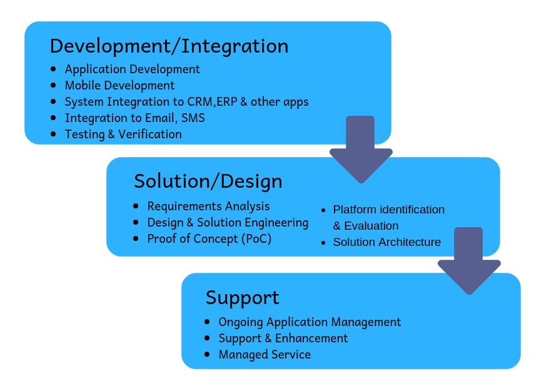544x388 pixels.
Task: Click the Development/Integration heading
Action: (x=169, y=46)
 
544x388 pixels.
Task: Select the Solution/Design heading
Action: (x=208, y=181)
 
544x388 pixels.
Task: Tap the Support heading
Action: (x=242, y=298)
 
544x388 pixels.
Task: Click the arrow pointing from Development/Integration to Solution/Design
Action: (x=361, y=150)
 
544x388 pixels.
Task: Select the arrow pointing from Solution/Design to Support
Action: (x=469, y=261)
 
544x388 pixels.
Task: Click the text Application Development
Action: (x=132, y=69)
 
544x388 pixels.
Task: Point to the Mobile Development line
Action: (x=119, y=86)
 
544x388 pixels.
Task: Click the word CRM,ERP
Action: (x=213, y=102)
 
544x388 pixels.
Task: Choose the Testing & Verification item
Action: (x=123, y=135)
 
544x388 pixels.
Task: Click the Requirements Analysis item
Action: (x=208, y=207)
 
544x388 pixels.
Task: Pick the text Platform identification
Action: (x=388, y=210)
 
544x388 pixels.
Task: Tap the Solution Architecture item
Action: (x=387, y=242)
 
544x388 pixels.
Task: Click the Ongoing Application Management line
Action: (x=310, y=322)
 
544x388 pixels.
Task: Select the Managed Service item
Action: (x=264, y=355)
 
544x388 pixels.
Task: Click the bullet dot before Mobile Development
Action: (x=53, y=85)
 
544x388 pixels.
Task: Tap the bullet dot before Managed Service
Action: (x=207, y=354)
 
